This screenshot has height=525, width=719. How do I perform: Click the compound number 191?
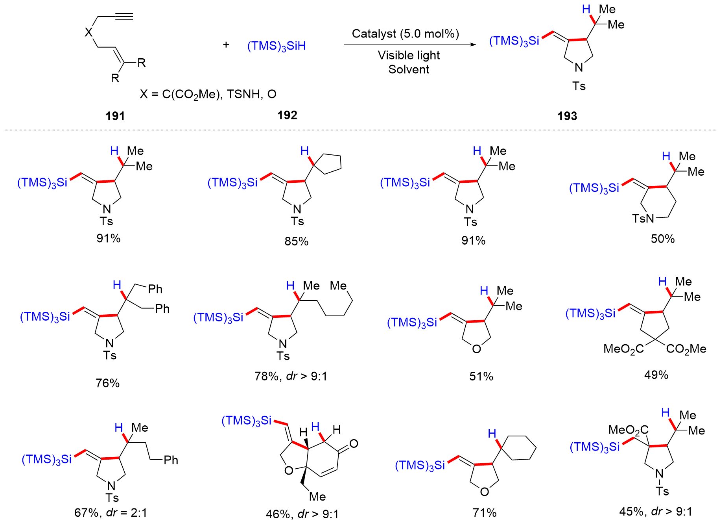click(x=115, y=116)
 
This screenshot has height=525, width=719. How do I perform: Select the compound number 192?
click(x=287, y=115)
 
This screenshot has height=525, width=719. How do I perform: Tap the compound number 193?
click(x=567, y=116)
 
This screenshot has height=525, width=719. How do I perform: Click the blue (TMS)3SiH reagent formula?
click(x=277, y=46)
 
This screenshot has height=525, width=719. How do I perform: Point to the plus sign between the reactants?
click(x=226, y=45)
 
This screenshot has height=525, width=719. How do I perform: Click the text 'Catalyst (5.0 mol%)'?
click(x=406, y=34)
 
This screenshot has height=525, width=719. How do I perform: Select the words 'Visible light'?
click(x=409, y=55)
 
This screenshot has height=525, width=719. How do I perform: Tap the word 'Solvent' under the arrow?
click(x=409, y=69)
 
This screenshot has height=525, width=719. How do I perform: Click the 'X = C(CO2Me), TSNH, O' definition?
click(x=208, y=94)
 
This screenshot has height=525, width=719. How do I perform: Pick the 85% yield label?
click(x=297, y=241)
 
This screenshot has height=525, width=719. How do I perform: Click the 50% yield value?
click(x=663, y=239)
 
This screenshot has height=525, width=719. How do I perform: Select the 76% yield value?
click(x=108, y=383)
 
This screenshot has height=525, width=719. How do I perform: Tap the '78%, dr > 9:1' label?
click(x=291, y=376)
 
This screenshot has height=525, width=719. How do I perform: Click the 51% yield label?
click(x=481, y=376)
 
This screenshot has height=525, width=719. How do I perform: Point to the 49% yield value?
click(x=656, y=375)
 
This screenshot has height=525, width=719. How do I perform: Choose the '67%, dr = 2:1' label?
click(x=111, y=512)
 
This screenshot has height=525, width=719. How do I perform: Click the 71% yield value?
click(x=485, y=512)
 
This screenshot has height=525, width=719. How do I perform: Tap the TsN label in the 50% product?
click(x=643, y=218)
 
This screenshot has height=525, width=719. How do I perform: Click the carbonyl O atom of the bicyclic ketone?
click(x=354, y=444)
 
